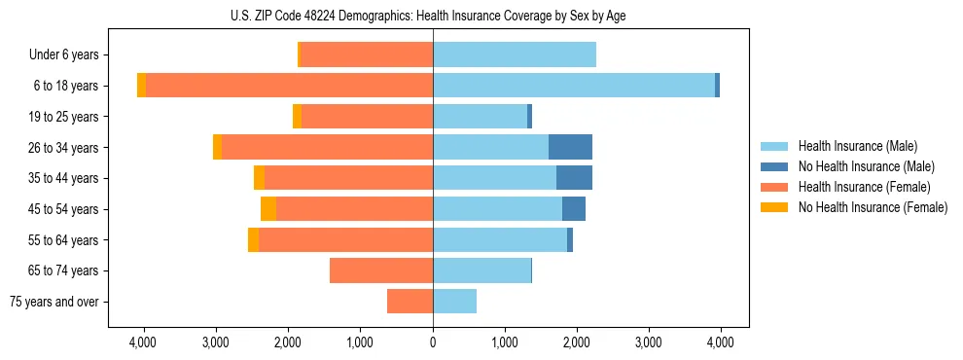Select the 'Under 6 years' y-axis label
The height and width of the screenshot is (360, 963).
pyautogui.click(x=70, y=55)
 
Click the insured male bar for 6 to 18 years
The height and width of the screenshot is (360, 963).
pyautogui.click(x=574, y=86)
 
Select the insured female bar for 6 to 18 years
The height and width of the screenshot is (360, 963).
pyautogui.click(x=289, y=86)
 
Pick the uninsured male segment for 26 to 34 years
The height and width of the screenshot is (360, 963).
pyautogui.click(x=570, y=147)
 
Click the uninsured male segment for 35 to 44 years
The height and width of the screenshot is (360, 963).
pyautogui.click(x=574, y=178)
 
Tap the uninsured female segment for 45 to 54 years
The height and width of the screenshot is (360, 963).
pyautogui.click(x=268, y=209)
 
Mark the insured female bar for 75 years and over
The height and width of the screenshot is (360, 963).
pyautogui.click(x=410, y=302)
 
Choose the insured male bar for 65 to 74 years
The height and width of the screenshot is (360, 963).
pyautogui.click(x=481, y=270)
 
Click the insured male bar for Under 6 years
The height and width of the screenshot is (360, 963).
pyautogui.click(x=515, y=55)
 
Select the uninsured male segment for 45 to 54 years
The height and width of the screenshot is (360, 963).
pyautogui.click(x=574, y=209)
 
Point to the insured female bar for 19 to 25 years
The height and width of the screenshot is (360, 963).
pyautogui.click(x=367, y=117)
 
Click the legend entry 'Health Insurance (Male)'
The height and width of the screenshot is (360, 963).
pyautogui.click(x=857, y=146)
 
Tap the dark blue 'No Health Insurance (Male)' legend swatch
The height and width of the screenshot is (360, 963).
pyautogui.click(x=774, y=166)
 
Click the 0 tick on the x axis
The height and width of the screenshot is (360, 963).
pyautogui.click(x=433, y=342)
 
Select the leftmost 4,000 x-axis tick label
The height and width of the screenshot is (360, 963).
pyautogui.click(x=143, y=342)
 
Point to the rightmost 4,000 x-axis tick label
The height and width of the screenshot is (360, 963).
pyautogui.click(x=720, y=342)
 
